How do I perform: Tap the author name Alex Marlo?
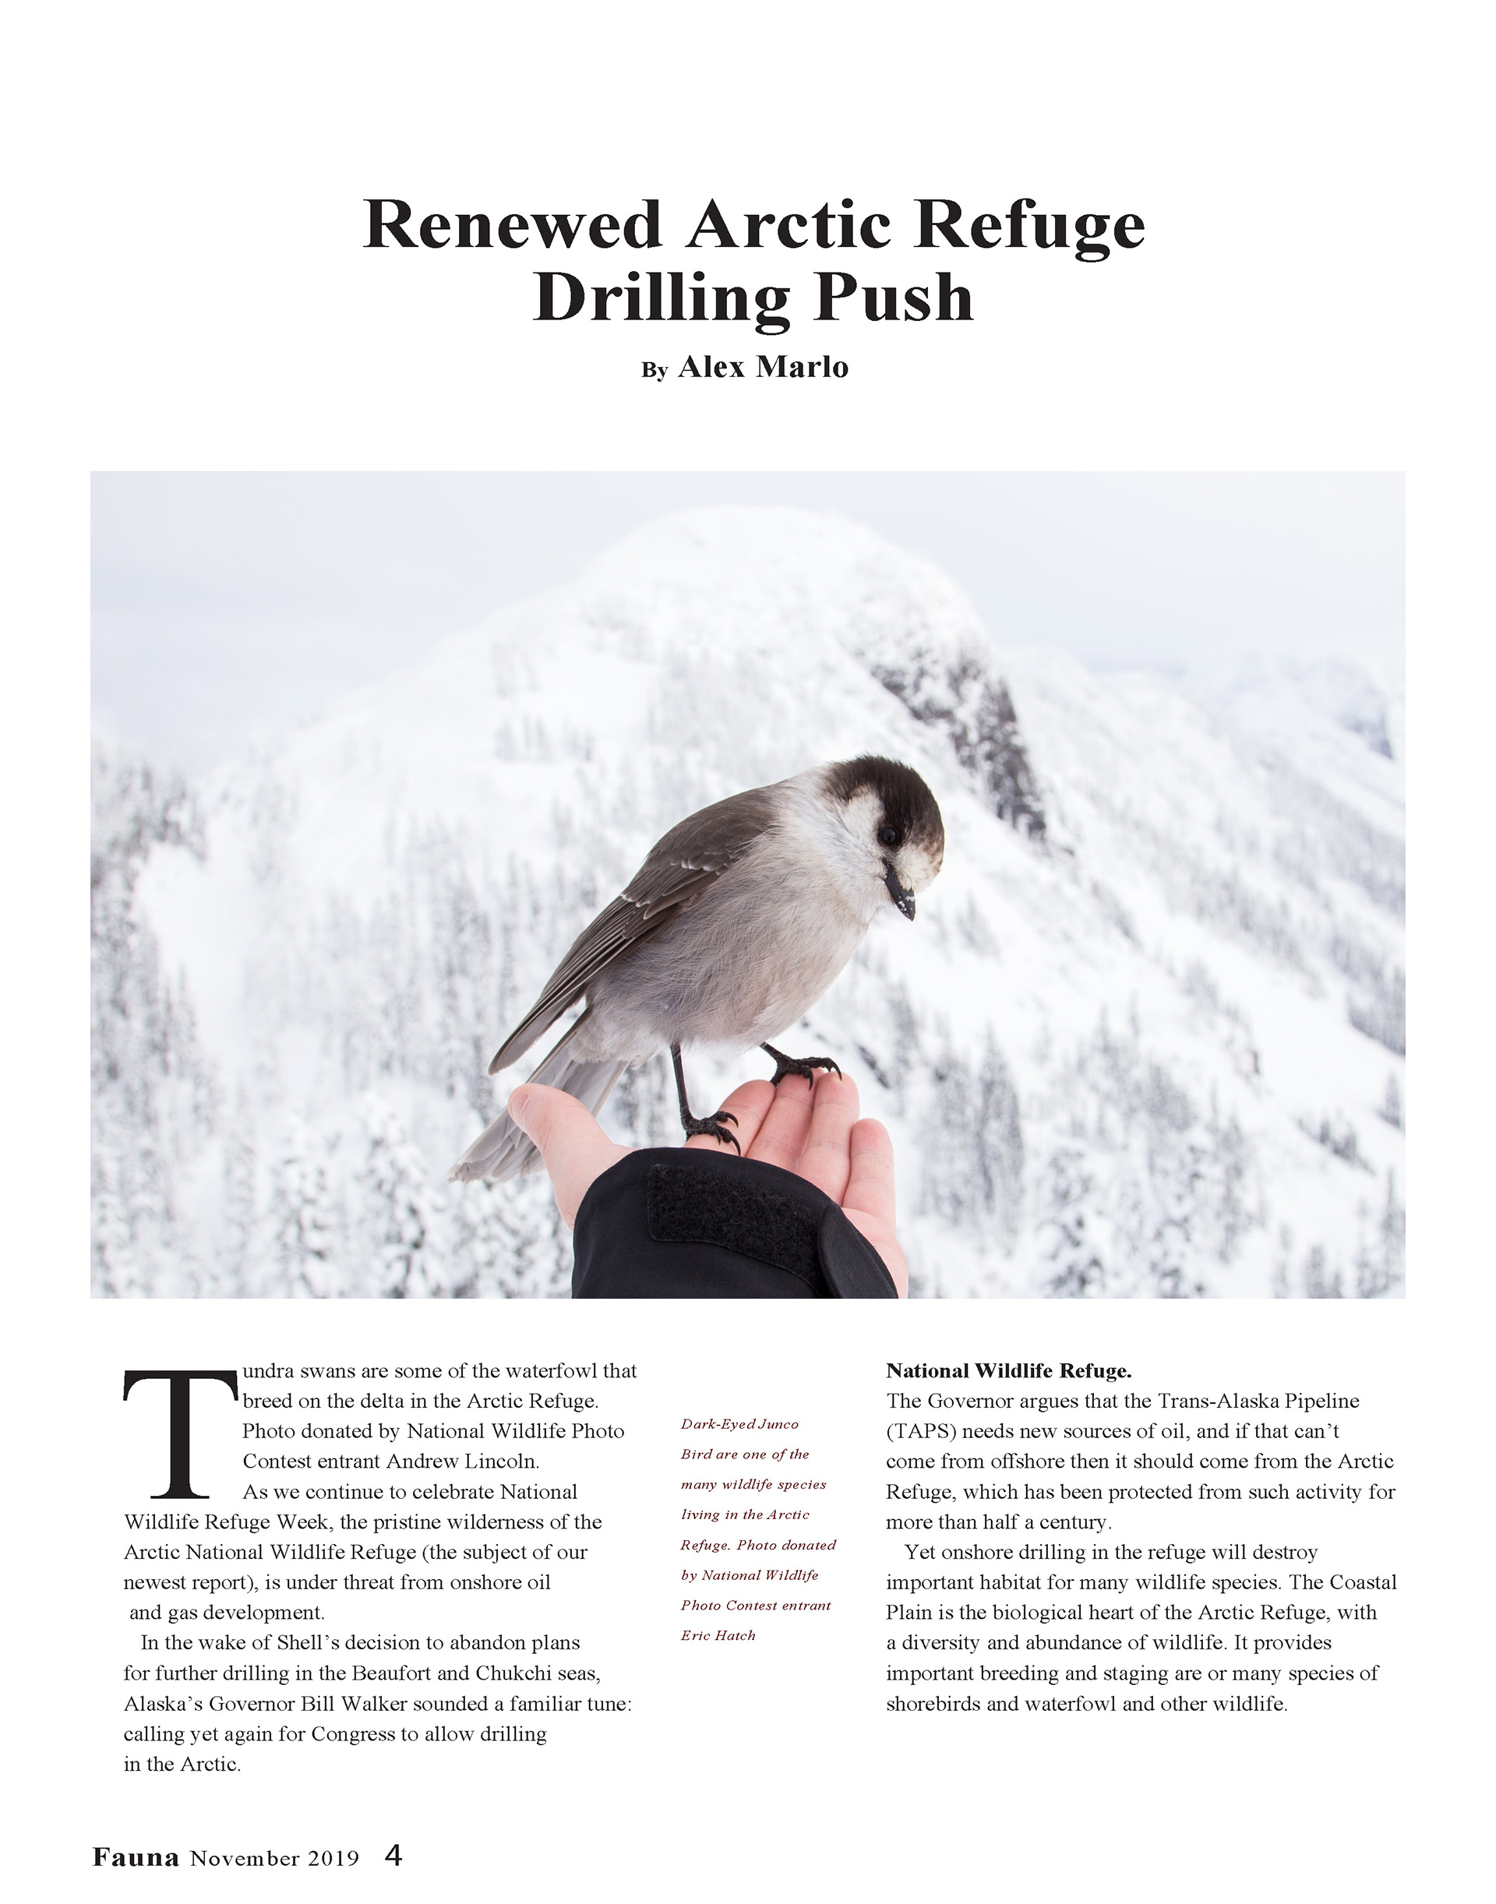click(763, 367)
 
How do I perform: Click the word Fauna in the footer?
click(136, 1856)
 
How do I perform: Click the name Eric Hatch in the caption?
click(718, 1635)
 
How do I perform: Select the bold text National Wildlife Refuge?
click(1008, 1370)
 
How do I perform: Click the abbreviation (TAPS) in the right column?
click(922, 1431)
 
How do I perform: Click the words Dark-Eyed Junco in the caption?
click(739, 1424)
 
